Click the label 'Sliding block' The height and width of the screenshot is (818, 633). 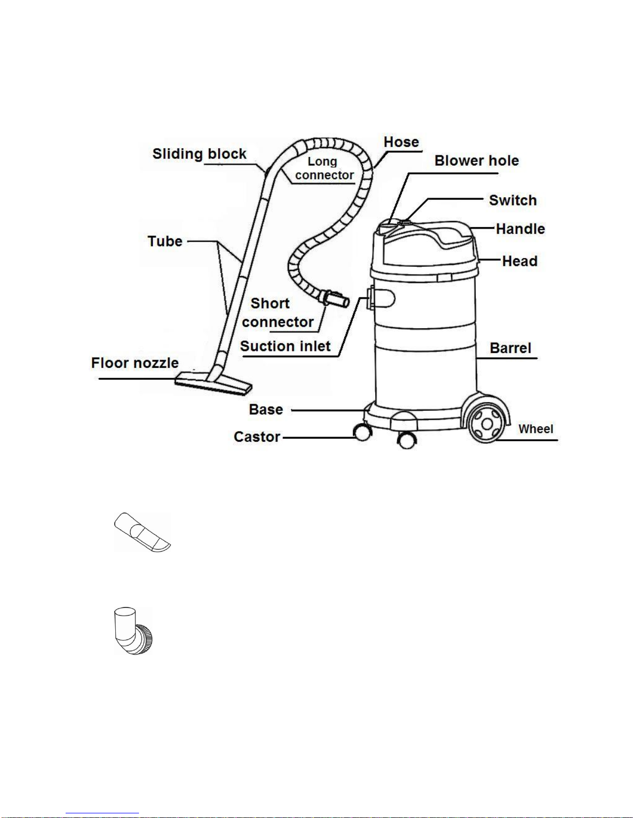tap(199, 154)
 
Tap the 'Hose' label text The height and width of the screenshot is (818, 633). tap(402, 142)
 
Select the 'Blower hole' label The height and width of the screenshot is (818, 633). tap(476, 161)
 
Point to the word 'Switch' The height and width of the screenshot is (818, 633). tap(513, 200)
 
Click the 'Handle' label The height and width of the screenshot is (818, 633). tap(520, 229)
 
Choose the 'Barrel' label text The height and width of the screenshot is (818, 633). tap(511, 348)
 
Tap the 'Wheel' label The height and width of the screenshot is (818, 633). tap(536, 429)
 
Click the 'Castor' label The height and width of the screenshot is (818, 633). tap(257, 437)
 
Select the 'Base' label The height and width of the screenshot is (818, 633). tap(266, 410)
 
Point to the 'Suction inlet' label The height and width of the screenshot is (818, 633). tap(285, 346)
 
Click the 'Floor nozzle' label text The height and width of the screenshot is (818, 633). tap(135, 363)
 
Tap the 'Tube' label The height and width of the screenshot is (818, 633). tap(165, 242)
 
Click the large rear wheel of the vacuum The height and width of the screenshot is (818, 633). tap(487, 424)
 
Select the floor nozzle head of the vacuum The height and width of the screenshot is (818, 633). tap(213, 384)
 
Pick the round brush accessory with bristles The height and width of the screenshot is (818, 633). tap(133, 631)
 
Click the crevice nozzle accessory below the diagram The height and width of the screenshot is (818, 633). tap(143, 532)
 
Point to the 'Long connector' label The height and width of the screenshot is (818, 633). tap(324, 168)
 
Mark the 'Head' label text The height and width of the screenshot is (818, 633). tap(520, 261)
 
